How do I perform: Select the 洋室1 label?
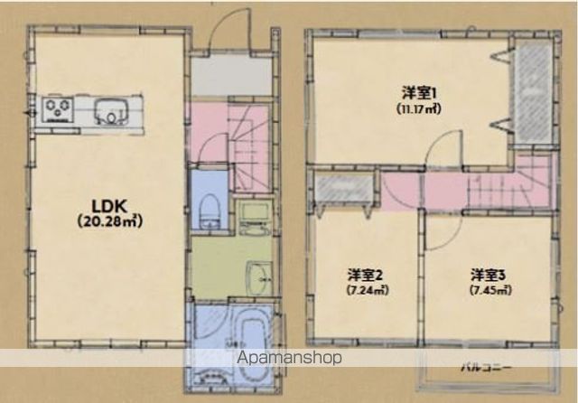(x=419, y=92)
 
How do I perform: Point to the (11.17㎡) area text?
(x=419, y=108)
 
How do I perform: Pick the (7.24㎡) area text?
(x=366, y=290)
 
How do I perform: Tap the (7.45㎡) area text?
(x=489, y=290)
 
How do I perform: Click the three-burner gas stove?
(x=61, y=109)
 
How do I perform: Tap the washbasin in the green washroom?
(x=258, y=277)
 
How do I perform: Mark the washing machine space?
(x=253, y=217)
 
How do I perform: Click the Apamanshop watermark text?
(x=291, y=358)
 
